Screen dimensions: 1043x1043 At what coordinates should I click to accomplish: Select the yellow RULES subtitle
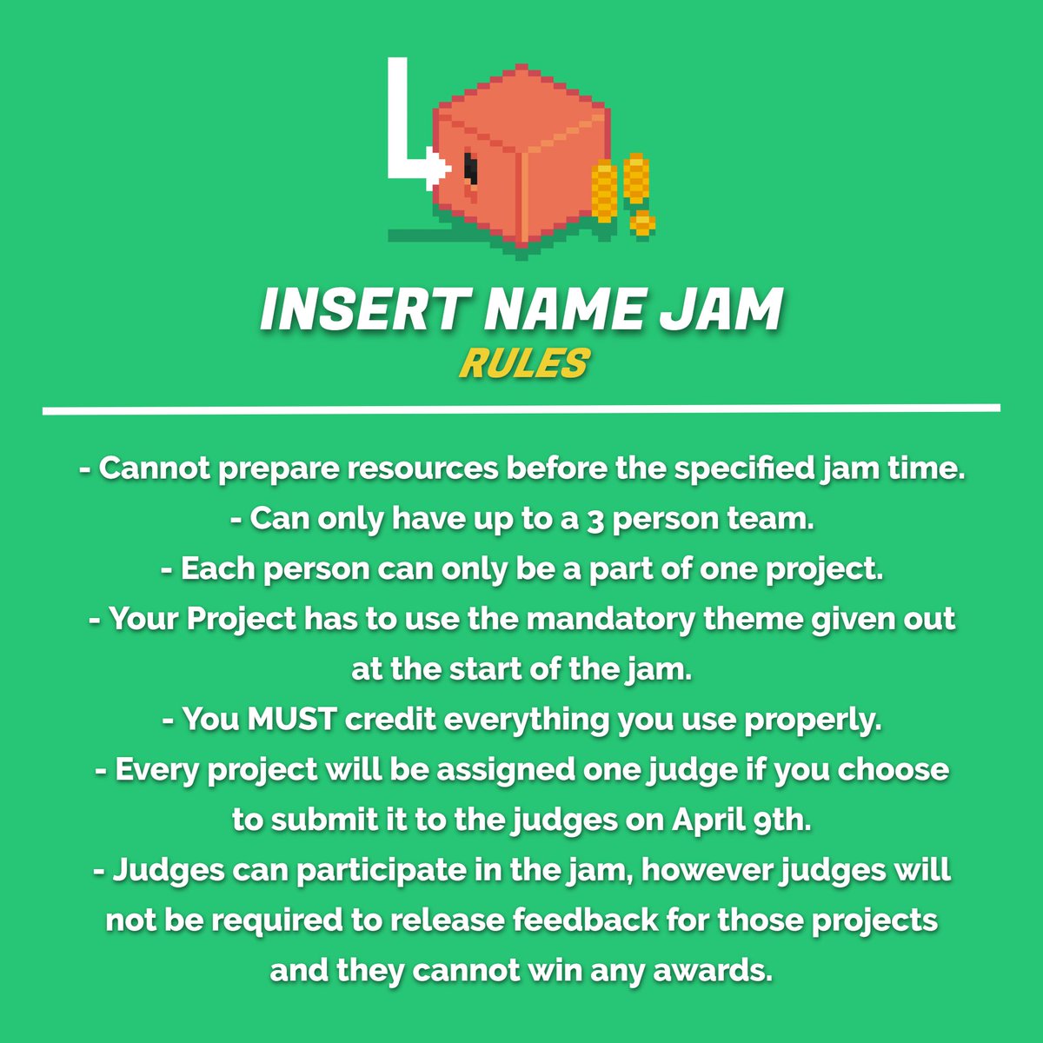tap(523, 364)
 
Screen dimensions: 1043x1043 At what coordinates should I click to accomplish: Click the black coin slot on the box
tap(470, 167)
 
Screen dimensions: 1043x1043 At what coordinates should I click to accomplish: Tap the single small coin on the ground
tap(641, 223)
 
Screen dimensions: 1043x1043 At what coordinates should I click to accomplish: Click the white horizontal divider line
tap(521, 409)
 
